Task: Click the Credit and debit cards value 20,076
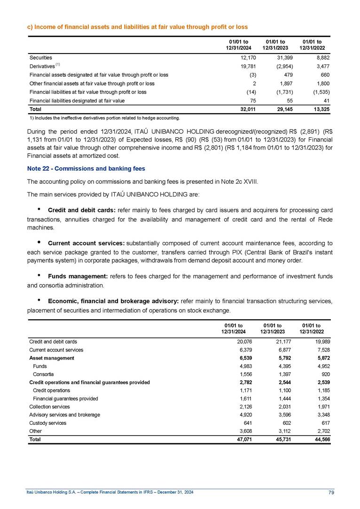[234, 342]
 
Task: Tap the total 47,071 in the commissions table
[234, 439]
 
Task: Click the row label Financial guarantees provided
[65, 399]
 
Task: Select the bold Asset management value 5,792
[273, 358]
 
